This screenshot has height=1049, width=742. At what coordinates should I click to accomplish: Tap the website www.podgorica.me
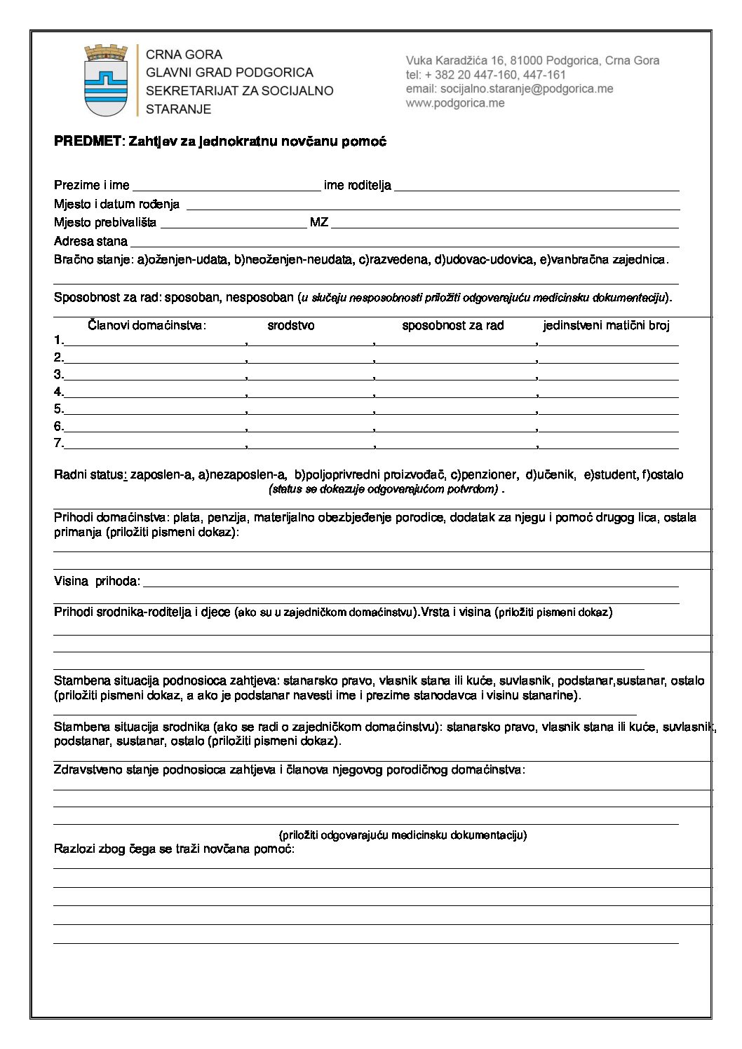pos(455,103)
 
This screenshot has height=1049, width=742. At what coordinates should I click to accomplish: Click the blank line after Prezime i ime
pos(226,186)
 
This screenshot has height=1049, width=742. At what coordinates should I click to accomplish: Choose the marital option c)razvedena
pos(393,260)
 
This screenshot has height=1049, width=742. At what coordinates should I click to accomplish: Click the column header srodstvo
pos(291,326)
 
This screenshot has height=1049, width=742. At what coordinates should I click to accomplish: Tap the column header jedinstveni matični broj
pos(606,326)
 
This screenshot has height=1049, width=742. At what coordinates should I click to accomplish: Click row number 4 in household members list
pos(59,392)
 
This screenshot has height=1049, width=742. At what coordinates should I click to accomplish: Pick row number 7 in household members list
pos(59,444)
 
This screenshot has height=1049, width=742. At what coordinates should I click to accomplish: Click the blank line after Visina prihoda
pos(410,582)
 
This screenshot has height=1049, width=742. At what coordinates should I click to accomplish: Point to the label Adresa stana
pos(90,242)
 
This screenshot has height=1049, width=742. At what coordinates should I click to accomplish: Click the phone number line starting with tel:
pos(485,75)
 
